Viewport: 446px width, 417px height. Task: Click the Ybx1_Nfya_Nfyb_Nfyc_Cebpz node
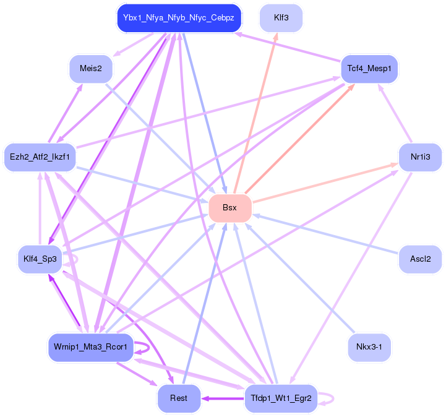178,18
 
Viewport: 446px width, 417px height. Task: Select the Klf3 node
281,18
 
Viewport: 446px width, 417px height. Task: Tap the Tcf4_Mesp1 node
369,69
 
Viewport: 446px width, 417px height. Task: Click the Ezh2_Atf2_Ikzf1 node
40,157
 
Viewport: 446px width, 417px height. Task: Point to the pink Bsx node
230,208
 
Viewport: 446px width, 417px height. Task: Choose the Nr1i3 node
420,157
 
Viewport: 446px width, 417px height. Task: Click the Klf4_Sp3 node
40,259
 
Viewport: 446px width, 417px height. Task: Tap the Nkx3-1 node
369,348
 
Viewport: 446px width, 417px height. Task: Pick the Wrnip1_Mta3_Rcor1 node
90,348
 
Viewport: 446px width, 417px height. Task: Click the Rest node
179,398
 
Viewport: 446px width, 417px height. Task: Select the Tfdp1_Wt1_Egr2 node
281,398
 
